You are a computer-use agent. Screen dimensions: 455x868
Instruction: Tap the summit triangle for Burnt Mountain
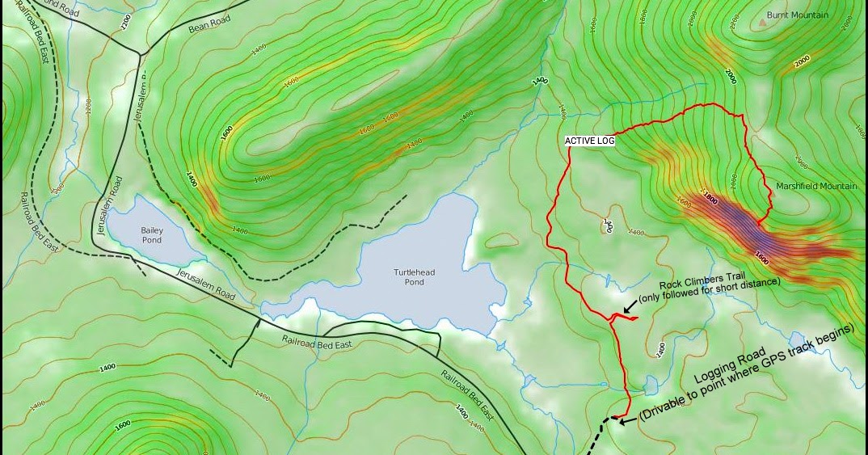[762, 23]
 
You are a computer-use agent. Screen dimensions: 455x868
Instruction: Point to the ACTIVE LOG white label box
[590, 141]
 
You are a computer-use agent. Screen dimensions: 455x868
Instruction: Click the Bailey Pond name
[152, 235]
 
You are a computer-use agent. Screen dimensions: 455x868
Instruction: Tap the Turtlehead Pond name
[415, 277]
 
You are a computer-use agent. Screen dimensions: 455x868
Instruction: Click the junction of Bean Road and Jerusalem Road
[141, 54]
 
